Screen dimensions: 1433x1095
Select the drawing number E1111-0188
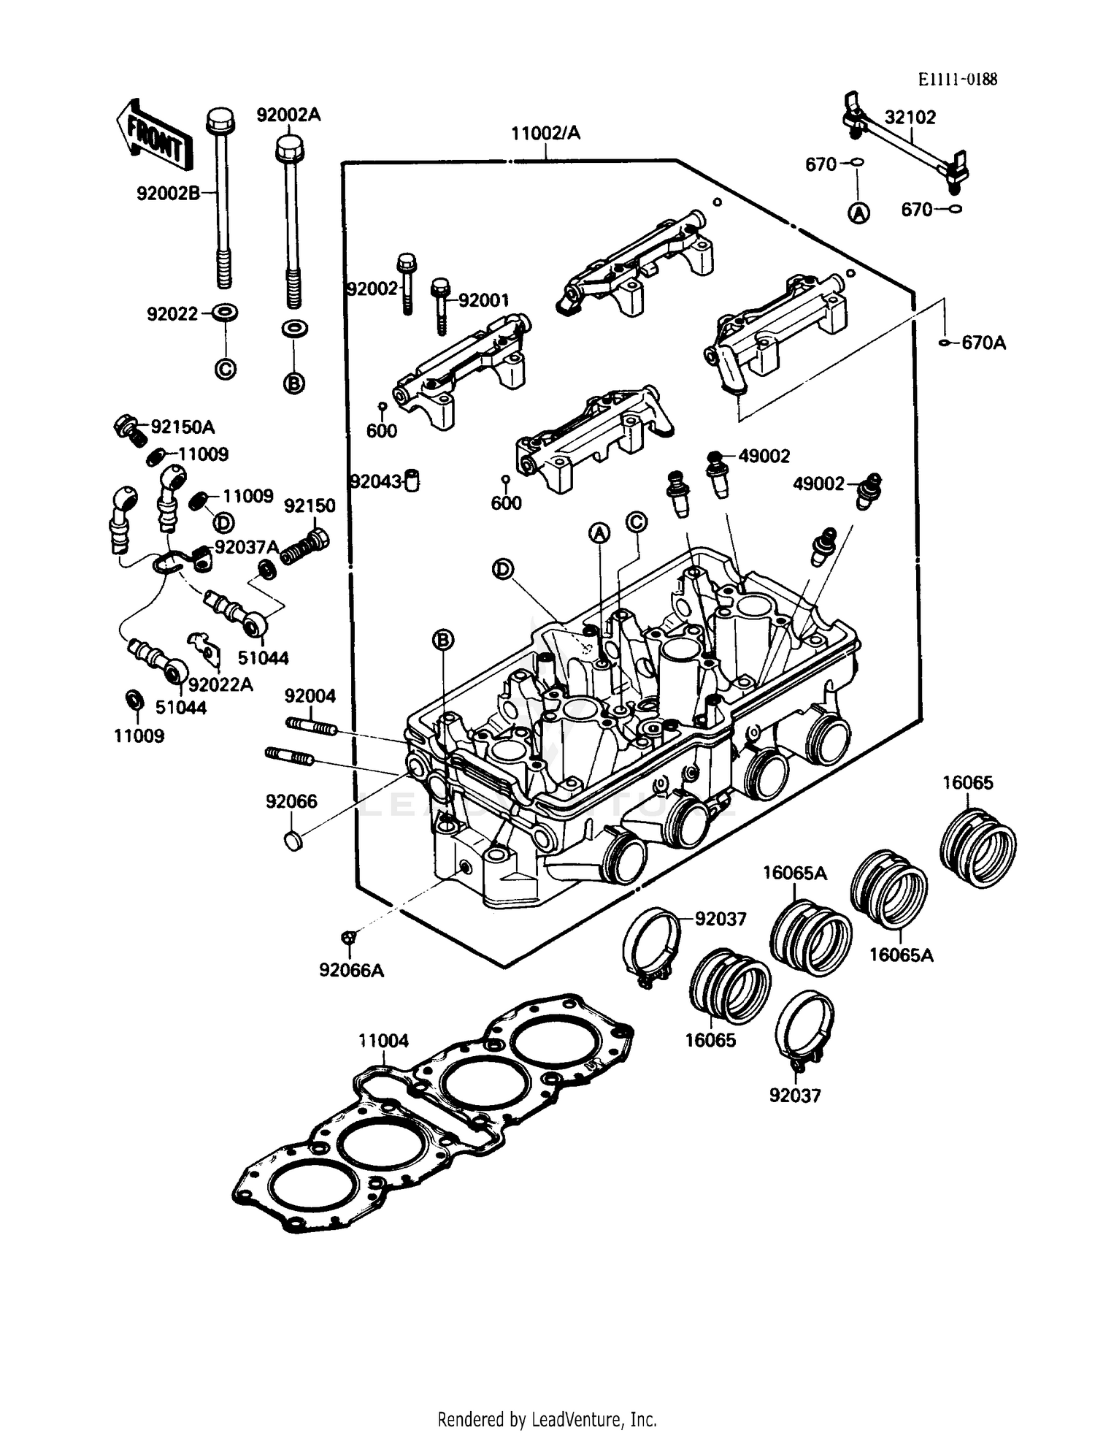(x=957, y=79)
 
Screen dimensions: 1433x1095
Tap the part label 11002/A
(x=545, y=133)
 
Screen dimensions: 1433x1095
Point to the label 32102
(x=910, y=117)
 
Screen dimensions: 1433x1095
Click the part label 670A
(x=983, y=343)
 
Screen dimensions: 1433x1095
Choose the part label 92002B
(x=168, y=193)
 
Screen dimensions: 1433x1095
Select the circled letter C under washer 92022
(x=226, y=370)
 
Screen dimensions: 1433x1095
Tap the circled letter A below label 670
(x=858, y=213)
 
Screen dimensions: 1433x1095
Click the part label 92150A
(x=182, y=427)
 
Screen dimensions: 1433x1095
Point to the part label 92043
(x=376, y=481)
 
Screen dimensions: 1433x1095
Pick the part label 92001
(x=483, y=300)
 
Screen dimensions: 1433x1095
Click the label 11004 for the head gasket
(x=383, y=1040)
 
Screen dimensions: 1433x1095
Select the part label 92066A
(x=351, y=970)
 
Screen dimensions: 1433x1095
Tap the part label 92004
(x=310, y=695)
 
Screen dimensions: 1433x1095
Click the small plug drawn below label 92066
(x=293, y=841)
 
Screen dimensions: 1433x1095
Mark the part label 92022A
(x=220, y=684)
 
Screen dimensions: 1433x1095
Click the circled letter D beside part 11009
(x=223, y=522)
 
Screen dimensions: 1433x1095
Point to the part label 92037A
(x=247, y=547)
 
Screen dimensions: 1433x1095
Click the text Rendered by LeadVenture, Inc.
(x=547, y=1419)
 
